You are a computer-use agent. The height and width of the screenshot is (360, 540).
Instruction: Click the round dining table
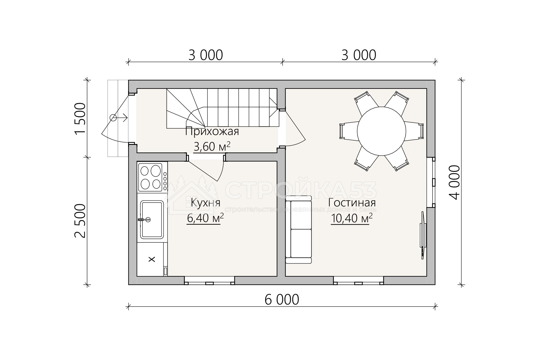[381, 131]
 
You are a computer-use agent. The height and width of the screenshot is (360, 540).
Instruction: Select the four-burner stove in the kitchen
[152, 177]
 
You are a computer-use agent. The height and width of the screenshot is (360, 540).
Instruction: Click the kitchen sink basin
[152, 220]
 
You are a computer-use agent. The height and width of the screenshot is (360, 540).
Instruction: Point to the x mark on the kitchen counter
[152, 259]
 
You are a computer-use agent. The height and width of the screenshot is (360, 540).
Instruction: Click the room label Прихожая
[212, 131]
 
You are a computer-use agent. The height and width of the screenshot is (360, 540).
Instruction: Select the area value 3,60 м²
[212, 147]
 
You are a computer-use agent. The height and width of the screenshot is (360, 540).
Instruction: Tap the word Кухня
[205, 203]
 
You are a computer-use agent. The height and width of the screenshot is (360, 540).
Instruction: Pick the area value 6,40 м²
[205, 218]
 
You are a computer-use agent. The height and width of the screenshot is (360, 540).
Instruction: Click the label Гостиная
[352, 203]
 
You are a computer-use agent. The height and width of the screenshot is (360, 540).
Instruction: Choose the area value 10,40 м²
[352, 218]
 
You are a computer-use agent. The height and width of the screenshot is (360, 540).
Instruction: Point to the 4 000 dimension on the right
[455, 182]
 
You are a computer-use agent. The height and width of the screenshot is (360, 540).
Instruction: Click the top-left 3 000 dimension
[206, 55]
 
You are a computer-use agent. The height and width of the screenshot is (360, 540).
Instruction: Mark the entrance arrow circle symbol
[113, 118]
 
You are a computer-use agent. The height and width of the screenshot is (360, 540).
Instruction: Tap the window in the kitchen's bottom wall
[209, 280]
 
